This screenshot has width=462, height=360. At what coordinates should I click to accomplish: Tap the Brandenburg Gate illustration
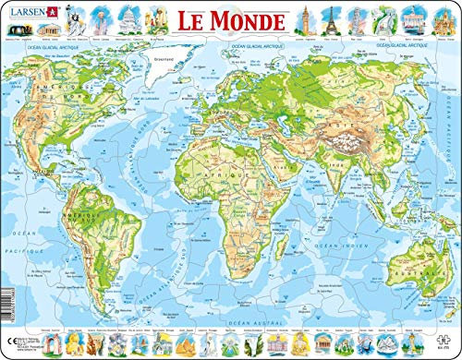click(x=409, y=19)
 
